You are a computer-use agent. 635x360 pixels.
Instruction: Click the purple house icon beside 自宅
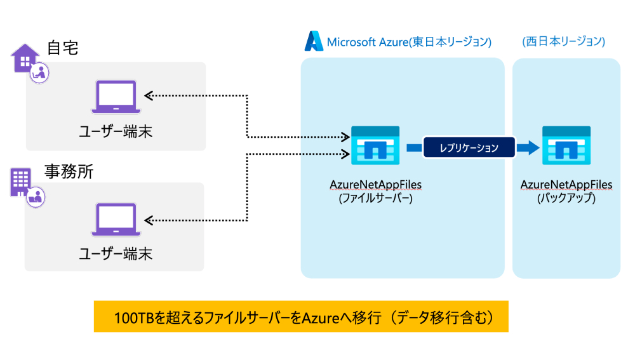(x=25, y=58)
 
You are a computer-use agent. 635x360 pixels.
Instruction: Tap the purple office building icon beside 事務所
(x=20, y=182)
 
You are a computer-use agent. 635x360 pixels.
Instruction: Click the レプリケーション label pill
(x=469, y=148)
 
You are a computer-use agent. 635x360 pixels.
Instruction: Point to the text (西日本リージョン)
(x=563, y=42)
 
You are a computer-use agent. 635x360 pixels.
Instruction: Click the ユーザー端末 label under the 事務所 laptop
(x=115, y=254)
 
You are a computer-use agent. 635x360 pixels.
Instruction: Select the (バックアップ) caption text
(x=566, y=197)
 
